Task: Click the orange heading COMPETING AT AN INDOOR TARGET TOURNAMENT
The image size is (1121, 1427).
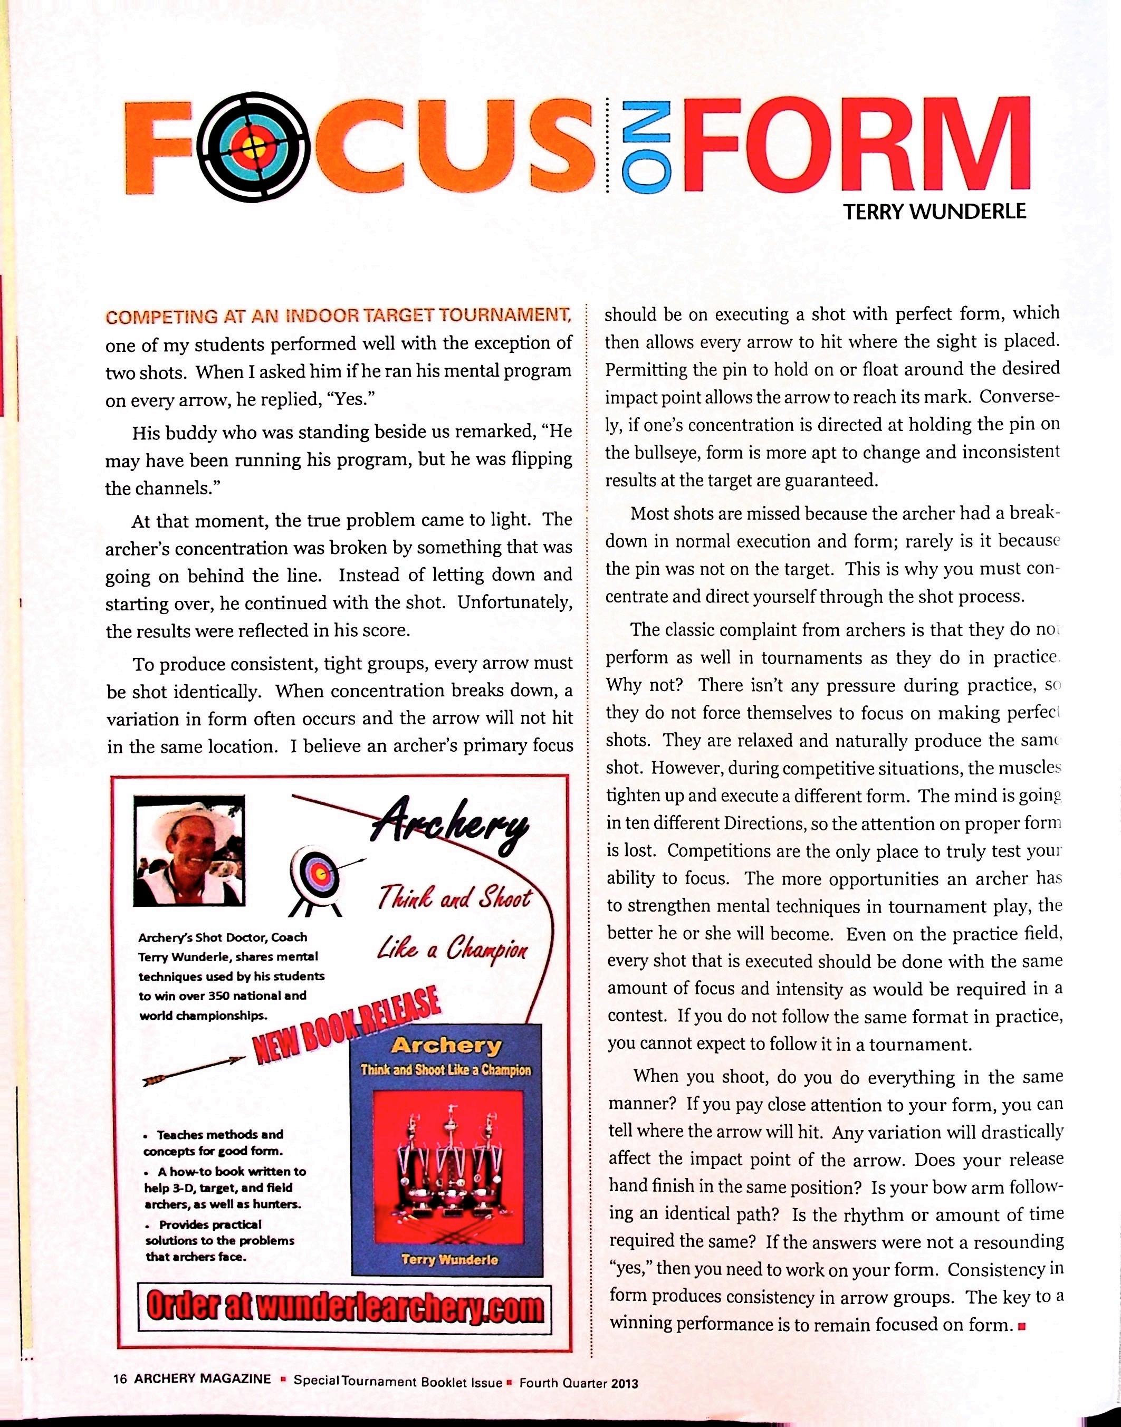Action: click(x=338, y=317)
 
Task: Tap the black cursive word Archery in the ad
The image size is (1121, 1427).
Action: click(x=453, y=828)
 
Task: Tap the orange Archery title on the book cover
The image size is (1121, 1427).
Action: click(x=446, y=1046)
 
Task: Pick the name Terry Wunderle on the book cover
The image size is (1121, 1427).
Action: click(x=449, y=1260)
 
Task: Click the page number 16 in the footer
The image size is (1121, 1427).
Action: click(x=119, y=1378)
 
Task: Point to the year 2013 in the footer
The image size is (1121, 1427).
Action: click(x=624, y=1383)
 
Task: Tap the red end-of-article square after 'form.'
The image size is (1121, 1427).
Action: click(x=1021, y=1326)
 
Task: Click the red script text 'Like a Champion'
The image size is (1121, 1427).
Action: click(x=452, y=950)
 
